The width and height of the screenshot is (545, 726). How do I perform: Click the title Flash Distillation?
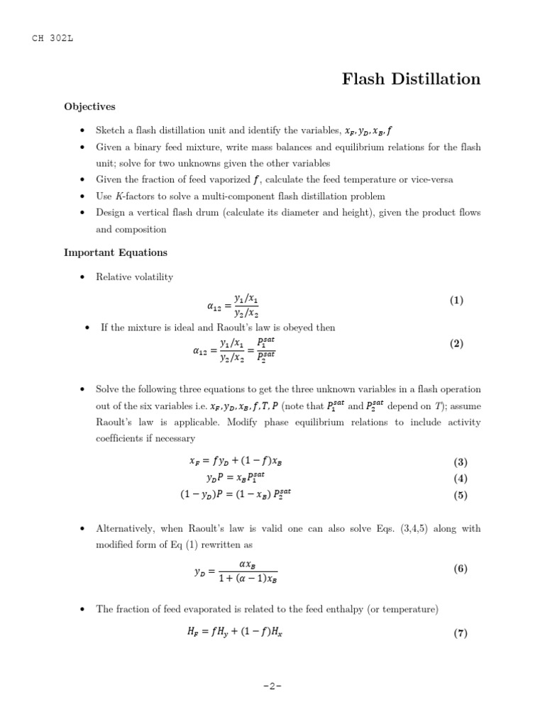click(x=411, y=79)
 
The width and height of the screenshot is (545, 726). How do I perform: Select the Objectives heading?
click(x=89, y=107)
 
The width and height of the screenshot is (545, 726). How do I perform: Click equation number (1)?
click(x=456, y=301)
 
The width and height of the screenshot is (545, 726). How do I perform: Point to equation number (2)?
click(x=456, y=344)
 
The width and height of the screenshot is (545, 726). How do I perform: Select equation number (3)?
click(x=461, y=462)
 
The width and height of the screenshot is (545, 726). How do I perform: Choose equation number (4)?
click(x=461, y=479)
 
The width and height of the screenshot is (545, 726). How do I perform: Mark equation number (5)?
click(x=461, y=496)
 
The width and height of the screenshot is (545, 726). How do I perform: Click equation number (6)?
click(x=461, y=569)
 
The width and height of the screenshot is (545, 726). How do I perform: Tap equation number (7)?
click(x=461, y=634)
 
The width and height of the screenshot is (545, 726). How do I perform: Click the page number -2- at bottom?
click(x=272, y=687)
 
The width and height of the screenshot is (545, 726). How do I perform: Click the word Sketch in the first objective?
click(x=111, y=131)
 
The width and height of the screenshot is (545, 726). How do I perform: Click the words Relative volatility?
click(x=134, y=277)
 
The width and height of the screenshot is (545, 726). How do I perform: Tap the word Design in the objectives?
click(x=111, y=213)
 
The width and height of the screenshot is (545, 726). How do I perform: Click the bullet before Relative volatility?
click(x=83, y=278)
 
